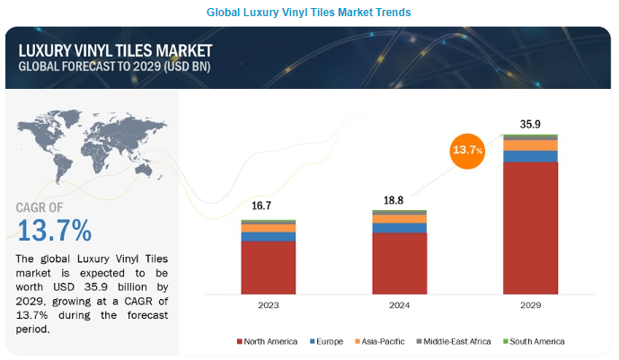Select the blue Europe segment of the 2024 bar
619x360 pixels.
pyautogui.click(x=400, y=228)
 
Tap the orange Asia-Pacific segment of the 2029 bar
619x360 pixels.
pyautogui.click(x=530, y=145)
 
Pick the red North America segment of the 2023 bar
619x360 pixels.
pyautogui.click(x=268, y=267)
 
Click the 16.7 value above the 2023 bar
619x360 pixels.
pyautogui.click(x=261, y=206)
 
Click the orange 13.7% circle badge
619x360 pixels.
pyautogui.click(x=466, y=150)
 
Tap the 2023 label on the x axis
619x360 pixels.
pyautogui.click(x=268, y=306)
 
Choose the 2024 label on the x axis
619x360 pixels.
pyautogui.click(x=400, y=306)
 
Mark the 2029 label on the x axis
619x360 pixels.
pyautogui.click(x=530, y=306)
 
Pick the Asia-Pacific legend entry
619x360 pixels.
pyautogui.click(x=382, y=341)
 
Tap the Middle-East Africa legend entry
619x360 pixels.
pyautogui.click(x=455, y=341)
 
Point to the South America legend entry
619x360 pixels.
pyautogui.click(x=535, y=341)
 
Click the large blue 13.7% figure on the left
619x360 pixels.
pyautogui.click(x=54, y=231)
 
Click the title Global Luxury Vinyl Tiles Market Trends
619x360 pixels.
pyautogui.click(x=308, y=13)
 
